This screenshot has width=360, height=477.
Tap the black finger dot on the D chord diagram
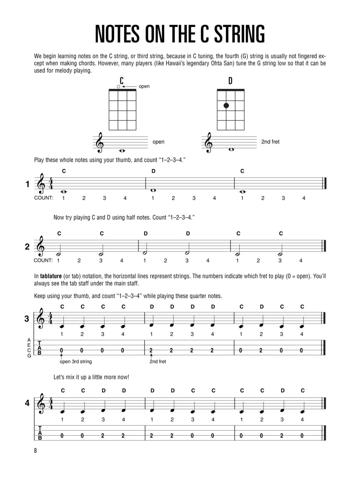(x=226, y=105)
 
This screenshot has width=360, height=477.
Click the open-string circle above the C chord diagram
(x=118, y=86)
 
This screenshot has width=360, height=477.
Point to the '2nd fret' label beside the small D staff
(x=270, y=142)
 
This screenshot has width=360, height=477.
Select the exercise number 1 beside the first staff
(x=27, y=184)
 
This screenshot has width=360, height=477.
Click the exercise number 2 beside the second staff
(x=27, y=246)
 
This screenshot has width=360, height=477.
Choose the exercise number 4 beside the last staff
(x=27, y=403)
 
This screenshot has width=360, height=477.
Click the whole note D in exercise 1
(x=153, y=190)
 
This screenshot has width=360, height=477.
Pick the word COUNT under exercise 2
(x=43, y=260)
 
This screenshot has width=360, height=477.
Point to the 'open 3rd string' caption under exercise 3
(x=76, y=362)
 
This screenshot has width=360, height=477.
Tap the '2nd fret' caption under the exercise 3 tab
(x=157, y=362)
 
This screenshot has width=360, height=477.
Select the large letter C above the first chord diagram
(x=122, y=80)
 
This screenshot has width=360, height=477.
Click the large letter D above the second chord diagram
(x=230, y=80)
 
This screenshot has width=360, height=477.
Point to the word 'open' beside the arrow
(x=144, y=86)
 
